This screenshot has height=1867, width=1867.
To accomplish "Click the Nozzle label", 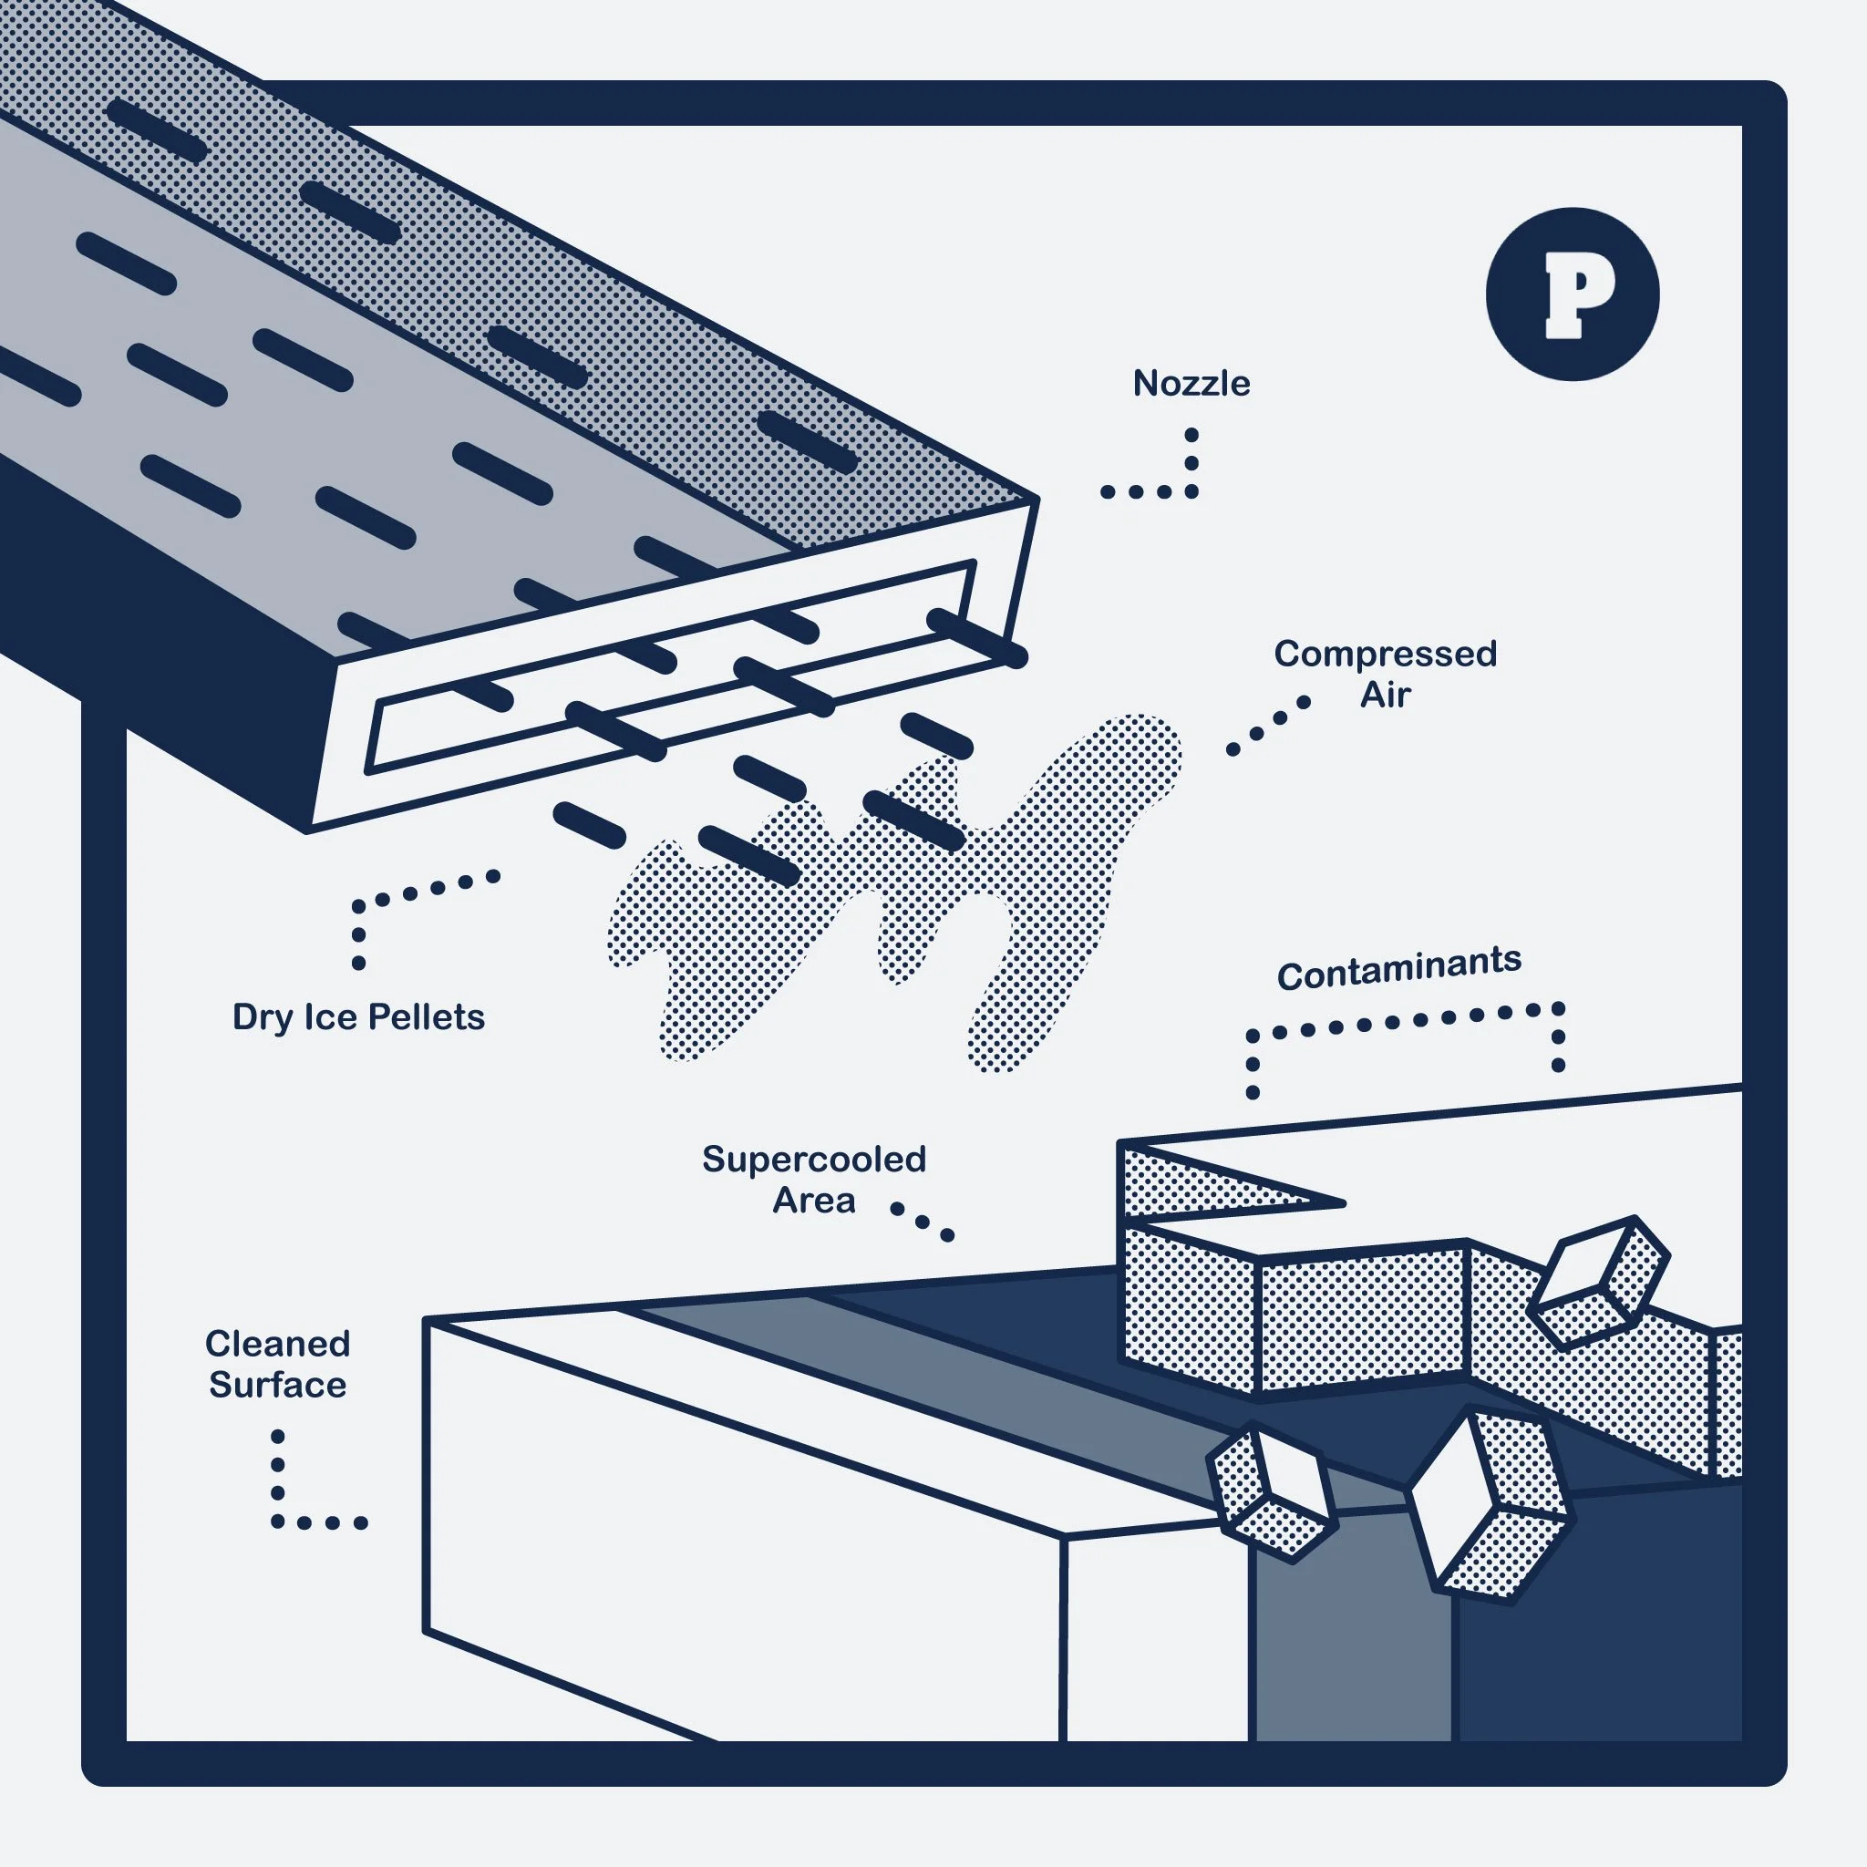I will (1191, 384).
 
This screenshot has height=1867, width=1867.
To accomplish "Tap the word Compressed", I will (1384, 655).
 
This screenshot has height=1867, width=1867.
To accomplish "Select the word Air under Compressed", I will (1384, 696).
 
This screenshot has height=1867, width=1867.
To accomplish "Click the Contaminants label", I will (1398, 967).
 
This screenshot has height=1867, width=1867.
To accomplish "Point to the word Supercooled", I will (814, 1159).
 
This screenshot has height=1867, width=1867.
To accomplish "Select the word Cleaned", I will (277, 1343).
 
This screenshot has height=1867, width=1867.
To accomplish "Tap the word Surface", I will (277, 1385).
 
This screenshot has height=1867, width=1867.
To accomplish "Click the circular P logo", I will (1573, 294).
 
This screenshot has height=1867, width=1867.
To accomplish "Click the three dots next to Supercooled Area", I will (922, 1222).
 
